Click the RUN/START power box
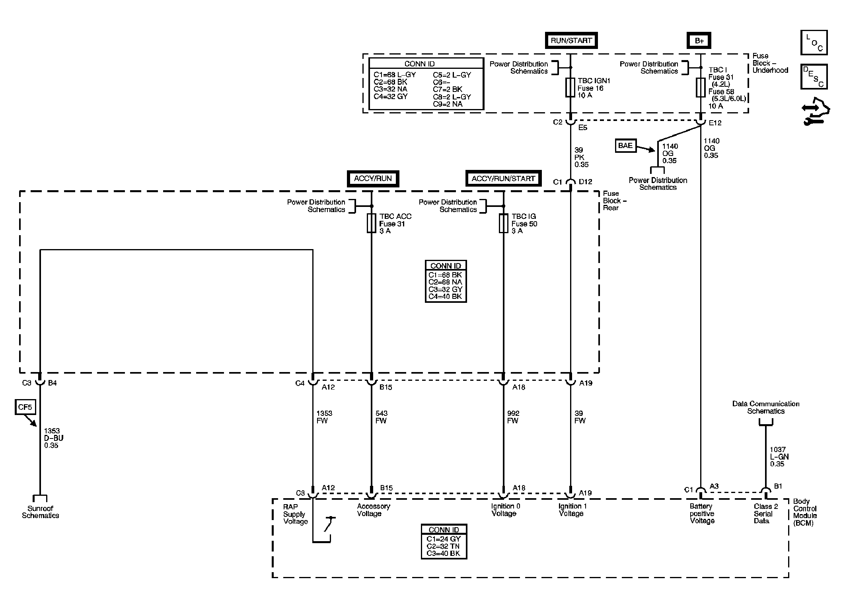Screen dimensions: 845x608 click(x=571, y=40)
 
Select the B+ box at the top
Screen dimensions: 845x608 click(x=699, y=40)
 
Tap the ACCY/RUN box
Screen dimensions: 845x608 click(x=373, y=179)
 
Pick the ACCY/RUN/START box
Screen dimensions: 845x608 click(x=503, y=179)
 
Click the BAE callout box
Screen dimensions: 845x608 click(x=625, y=146)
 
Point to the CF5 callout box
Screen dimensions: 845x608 click(x=25, y=407)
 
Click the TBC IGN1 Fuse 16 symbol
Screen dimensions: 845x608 click(x=570, y=88)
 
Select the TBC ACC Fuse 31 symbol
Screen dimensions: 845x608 click(x=371, y=223)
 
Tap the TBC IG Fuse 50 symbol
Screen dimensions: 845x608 click(x=503, y=223)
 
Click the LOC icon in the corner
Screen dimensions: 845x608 click(x=814, y=43)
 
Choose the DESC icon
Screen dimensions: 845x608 click(x=814, y=77)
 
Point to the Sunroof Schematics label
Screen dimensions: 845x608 click(x=40, y=512)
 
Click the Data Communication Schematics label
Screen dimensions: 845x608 click(x=766, y=407)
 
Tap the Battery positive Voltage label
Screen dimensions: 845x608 click(x=702, y=514)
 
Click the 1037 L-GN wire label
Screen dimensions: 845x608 click(x=779, y=457)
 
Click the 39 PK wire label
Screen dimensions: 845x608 click(x=581, y=157)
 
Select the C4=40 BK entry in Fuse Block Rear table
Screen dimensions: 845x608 click(x=445, y=296)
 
